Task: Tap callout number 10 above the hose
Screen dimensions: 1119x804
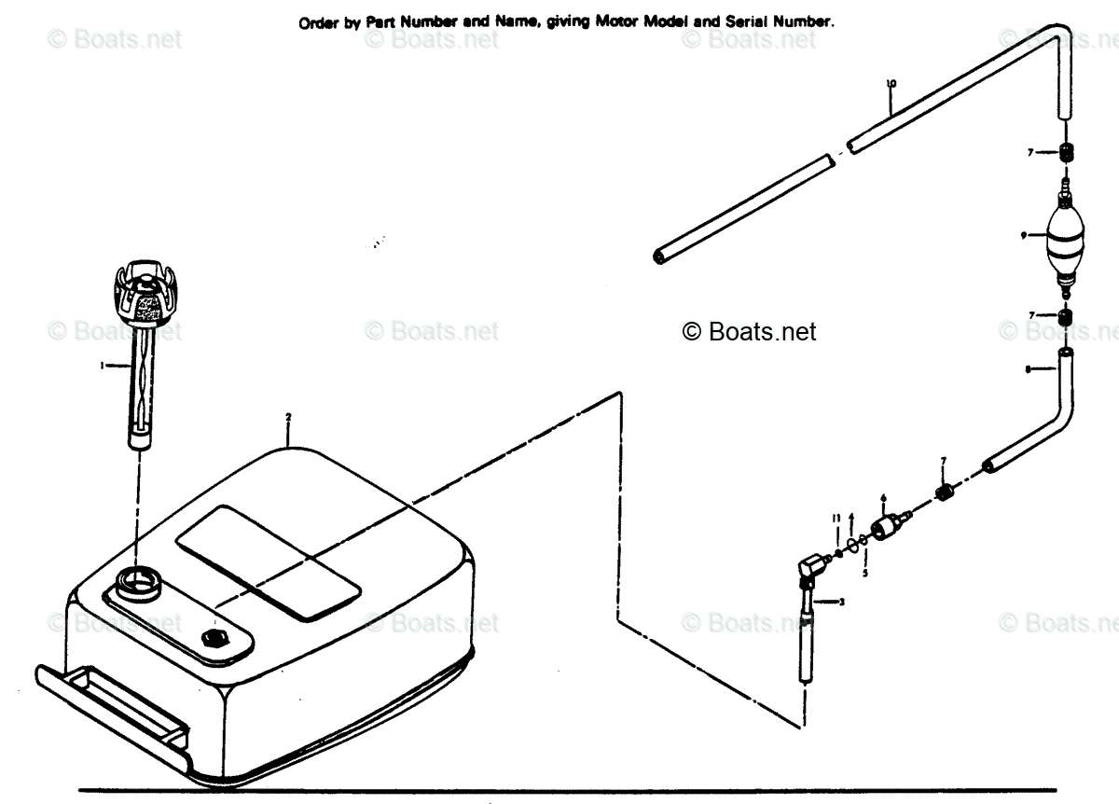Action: [891, 84]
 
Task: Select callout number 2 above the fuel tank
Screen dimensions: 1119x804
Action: [289, 416]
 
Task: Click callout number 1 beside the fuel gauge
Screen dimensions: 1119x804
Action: [102, 366]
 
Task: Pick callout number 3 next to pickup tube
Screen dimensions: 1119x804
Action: [842, 602]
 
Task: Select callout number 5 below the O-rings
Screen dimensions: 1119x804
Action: [864, 572]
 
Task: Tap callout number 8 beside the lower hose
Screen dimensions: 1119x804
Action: [1028, 370]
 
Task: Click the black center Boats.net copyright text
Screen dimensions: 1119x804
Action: [750, 331]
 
